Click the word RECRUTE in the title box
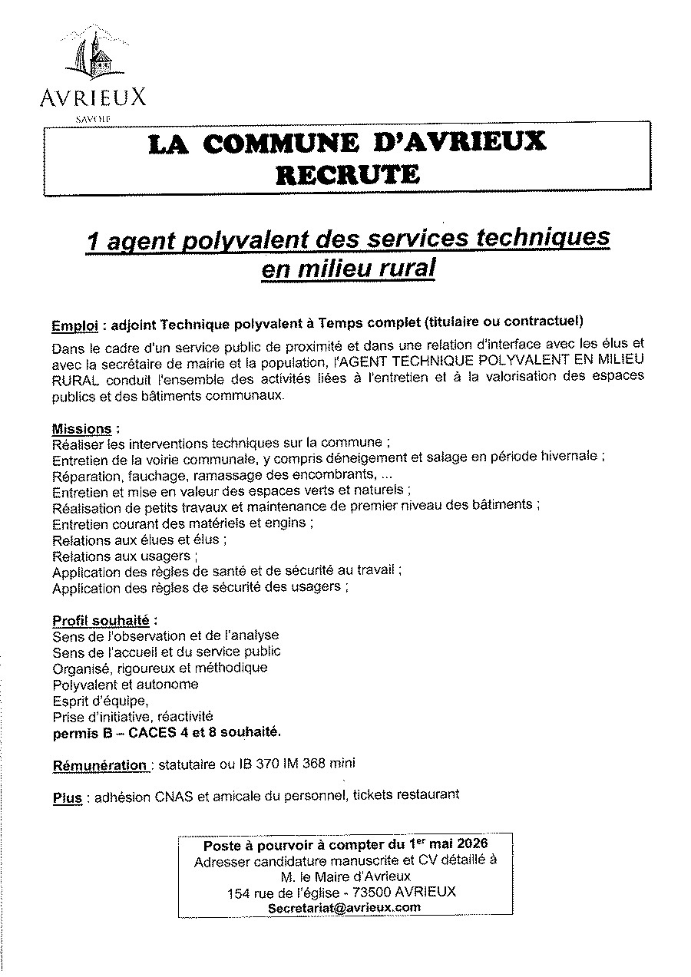click(x=348, y=175)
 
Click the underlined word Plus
click(x=67, y=798)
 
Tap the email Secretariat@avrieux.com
click(x=345, y=907)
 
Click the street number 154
click(x=239, y=892)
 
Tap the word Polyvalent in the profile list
click(x=82, y=685)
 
